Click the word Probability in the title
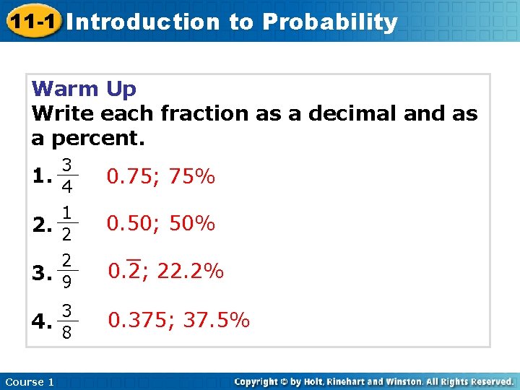(x=329, y=22)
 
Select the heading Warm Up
(x=84, y=90)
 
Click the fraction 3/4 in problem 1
(x=66, y=175)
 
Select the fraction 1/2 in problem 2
(x=66, y=224)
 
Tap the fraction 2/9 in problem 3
(x=66, y=271)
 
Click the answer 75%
(x=191, y=177)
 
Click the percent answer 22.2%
(x=190, y=272)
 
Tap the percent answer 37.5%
(x=216, y=320)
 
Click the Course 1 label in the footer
(x=29, y=381)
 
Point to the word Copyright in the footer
(x=258, y=381)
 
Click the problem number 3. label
(x=42, y=273)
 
